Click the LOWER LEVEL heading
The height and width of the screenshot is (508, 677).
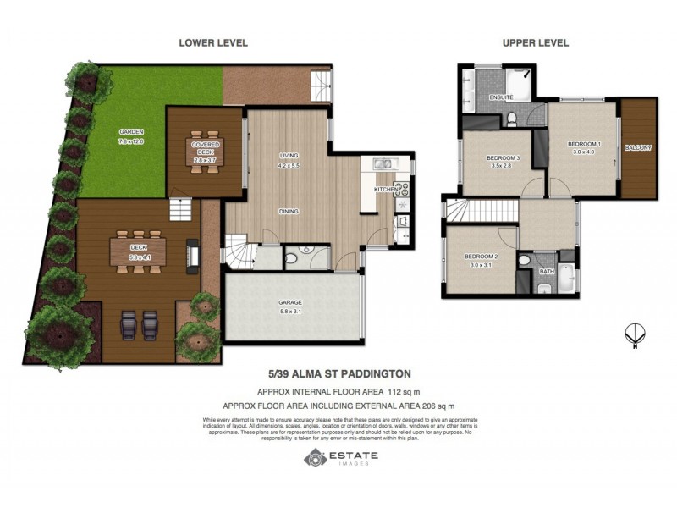coord(212,43)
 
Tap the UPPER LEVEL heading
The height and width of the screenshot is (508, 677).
coord(535,43)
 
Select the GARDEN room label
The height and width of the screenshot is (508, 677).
coord(130,132)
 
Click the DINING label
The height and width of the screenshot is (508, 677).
coord(290,212)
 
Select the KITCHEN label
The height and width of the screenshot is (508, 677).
coord(385,190)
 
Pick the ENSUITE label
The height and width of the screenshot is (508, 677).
coord(501,98)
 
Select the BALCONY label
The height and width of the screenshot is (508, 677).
coord(638,148)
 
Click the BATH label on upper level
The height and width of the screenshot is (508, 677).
coord(548,272)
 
